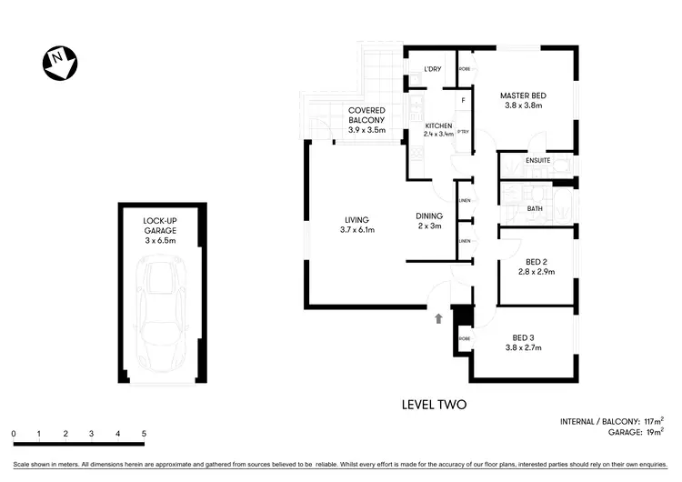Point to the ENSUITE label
[538, 161]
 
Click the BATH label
[535, 208]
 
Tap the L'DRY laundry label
[432, 70]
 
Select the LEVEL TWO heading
[434, 405]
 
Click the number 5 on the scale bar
[144, 434]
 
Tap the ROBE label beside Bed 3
[464, 338]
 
